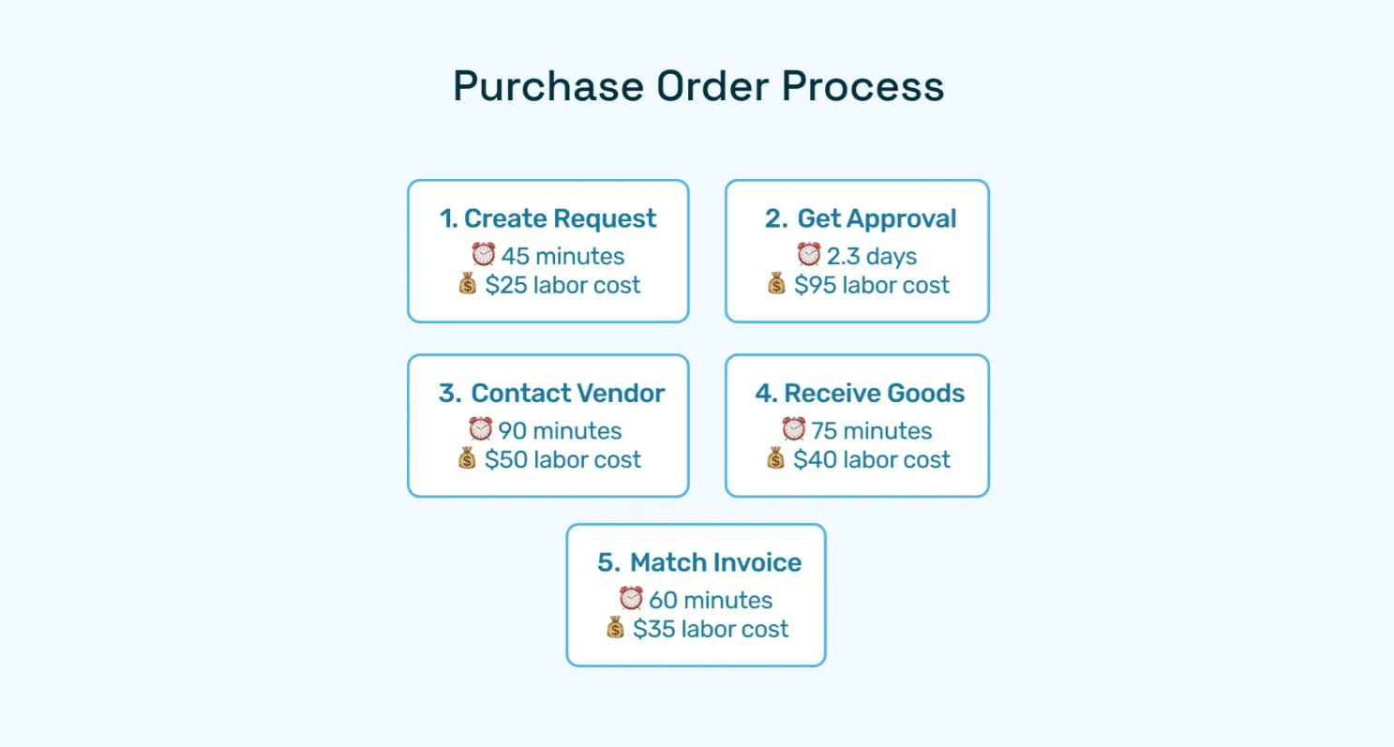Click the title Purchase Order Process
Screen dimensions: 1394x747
coord(697,87)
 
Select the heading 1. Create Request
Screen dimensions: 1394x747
coord(547,219)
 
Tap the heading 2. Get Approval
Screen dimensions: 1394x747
coord(860,219)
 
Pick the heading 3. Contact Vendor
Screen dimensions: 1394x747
coord(551,394)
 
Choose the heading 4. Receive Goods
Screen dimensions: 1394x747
coord(860,394)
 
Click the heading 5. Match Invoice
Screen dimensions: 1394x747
coord(699,563)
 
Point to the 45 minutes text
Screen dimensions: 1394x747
coord(562,256)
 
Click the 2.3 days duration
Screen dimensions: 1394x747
coord(871,256)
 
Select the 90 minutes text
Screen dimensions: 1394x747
coord(560,431)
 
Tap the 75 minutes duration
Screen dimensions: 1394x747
coord(871,431)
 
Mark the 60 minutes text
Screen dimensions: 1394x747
coord(711,601)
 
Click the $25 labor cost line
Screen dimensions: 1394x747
coord(562,285)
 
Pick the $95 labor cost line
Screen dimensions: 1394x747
coord(872,285)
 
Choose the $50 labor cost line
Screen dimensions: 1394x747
coord(562,460)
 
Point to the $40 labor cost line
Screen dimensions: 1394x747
coord(872,460)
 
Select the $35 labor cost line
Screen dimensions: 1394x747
coord(711,629)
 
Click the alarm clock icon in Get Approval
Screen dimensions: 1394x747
coord(808,254)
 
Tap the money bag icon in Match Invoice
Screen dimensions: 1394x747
coord(615,628)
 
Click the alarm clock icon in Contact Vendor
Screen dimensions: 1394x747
coord(480,429)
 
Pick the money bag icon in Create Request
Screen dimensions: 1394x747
coord(468,284)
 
